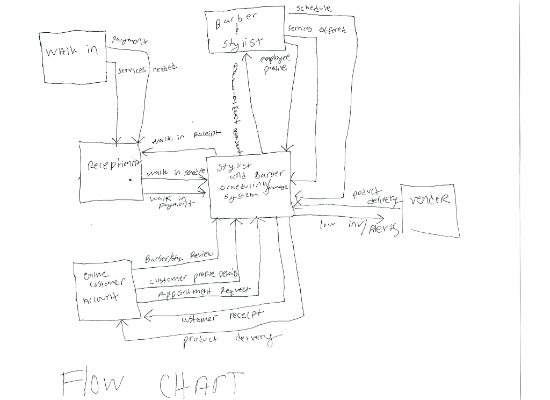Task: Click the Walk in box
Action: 73,56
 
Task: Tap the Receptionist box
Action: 111,172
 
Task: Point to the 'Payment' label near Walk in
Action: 130,41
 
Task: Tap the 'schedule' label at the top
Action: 314,8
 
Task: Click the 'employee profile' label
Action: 275,64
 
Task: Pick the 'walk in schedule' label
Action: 176,172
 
